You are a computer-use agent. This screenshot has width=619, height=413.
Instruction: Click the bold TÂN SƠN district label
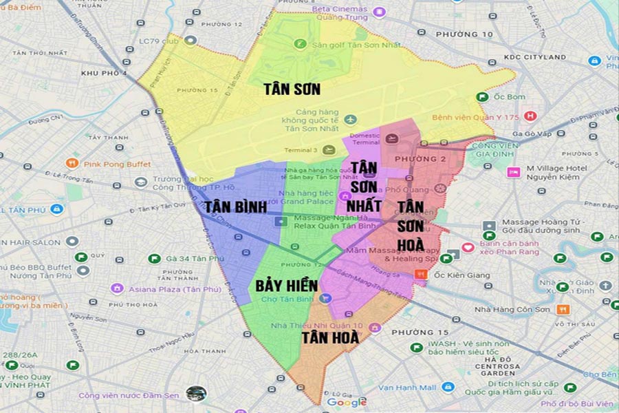[x=292, y=89]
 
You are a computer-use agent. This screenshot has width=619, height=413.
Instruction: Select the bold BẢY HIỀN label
[x=286, y=285]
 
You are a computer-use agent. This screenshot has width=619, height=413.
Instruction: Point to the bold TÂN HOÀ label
[x=330, y=337]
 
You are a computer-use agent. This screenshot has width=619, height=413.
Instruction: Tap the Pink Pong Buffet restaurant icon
[x=72, y=164]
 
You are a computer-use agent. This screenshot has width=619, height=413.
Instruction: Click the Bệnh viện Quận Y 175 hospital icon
[x=530, y=117]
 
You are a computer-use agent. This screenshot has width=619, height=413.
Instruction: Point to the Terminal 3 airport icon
[x=329, y=150]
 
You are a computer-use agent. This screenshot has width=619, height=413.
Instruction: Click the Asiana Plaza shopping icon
[x=117, y=288]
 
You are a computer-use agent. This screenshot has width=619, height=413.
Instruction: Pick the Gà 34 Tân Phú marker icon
[x=154, y=259]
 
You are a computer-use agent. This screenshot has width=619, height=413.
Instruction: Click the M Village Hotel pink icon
[x=513, y=172]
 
